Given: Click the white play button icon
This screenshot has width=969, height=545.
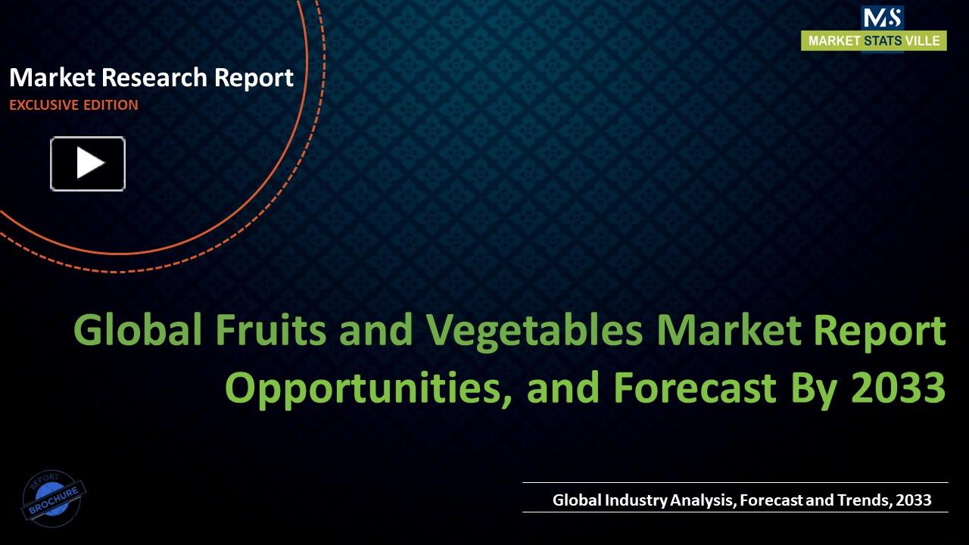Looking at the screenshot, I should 88,163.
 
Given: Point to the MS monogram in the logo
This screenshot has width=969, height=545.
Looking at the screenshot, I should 882,17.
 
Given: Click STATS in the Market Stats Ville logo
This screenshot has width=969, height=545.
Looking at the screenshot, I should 883,41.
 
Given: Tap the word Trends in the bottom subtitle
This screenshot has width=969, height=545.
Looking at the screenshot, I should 863,500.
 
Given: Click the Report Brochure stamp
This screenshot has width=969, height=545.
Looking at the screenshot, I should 54,497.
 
